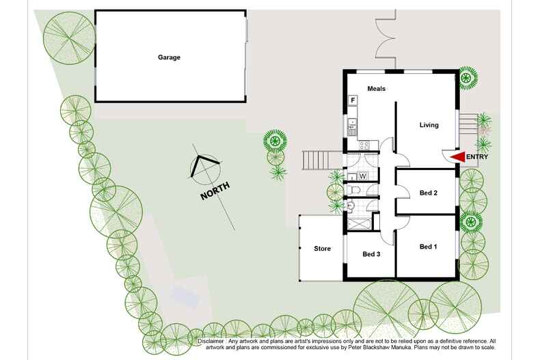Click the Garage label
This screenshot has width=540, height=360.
pos(170,57)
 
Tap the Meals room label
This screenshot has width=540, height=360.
pos(377,89)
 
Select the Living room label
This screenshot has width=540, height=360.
pos(429,125)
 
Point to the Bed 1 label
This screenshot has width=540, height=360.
pos(428,247)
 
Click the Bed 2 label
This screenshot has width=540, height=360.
pos(428,193)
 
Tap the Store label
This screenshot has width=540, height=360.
pos(322,249)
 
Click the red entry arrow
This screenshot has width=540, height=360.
pos(457,157)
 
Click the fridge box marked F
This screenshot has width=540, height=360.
pos(353,100)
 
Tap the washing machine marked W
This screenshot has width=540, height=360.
pos(364,176)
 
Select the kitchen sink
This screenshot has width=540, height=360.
pos(352,124)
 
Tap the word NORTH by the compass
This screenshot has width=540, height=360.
pos(215,190)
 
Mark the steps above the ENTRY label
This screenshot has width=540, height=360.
pos(468,124)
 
